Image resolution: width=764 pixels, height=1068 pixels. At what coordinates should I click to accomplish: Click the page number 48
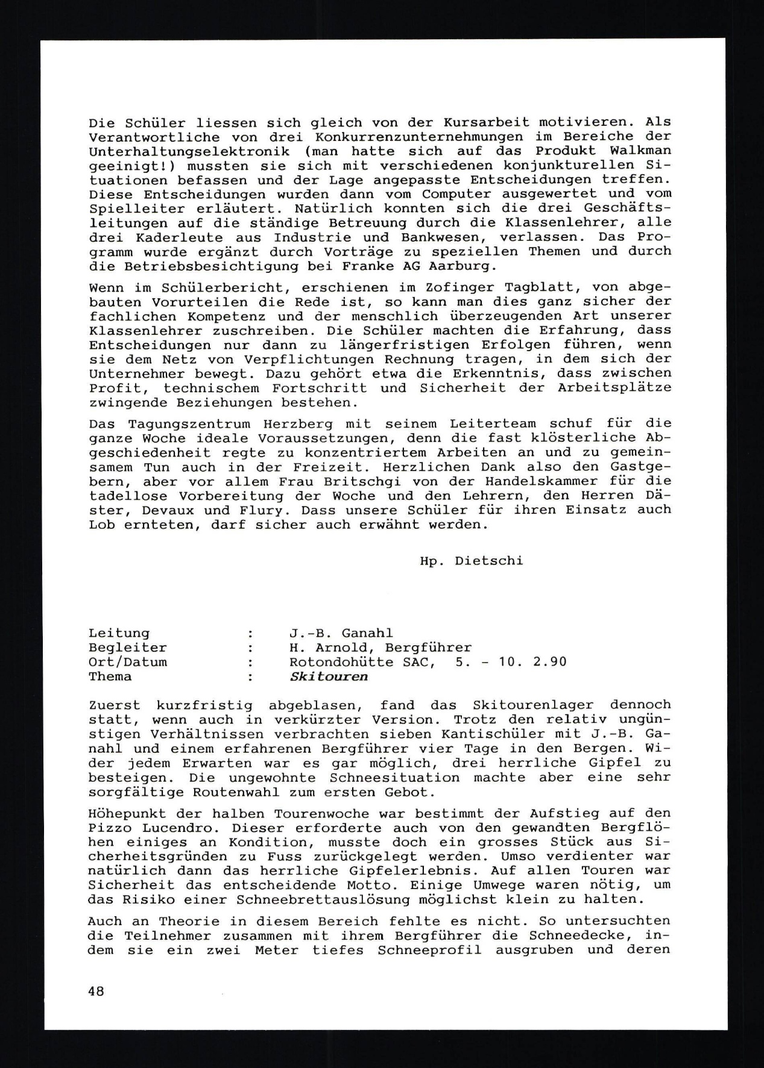pyautogui.click(x=96, y=991)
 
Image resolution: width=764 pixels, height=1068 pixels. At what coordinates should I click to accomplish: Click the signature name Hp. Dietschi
pyautogui.click(x=472, y=561)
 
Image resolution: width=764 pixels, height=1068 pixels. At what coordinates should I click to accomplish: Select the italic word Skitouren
pyautogui.click(x=329, y=676)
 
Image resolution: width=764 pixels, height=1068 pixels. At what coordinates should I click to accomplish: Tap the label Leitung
pyautogui.click(x=119, y=633)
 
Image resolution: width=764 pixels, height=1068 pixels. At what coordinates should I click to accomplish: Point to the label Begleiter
pyautogui.click(x=128, y=648)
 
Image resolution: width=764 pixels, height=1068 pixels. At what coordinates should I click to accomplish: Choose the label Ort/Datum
pyautogui.click(x=128, y=662)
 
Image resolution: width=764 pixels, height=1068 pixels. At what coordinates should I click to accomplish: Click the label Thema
pyautogui.click(x=110, y=676)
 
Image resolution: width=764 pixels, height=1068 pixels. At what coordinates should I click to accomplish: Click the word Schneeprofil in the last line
pyautogui.click(x=429, y=950)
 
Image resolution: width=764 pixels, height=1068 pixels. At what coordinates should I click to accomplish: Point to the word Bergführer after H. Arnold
pyautogui.click(x=429, y=648)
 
